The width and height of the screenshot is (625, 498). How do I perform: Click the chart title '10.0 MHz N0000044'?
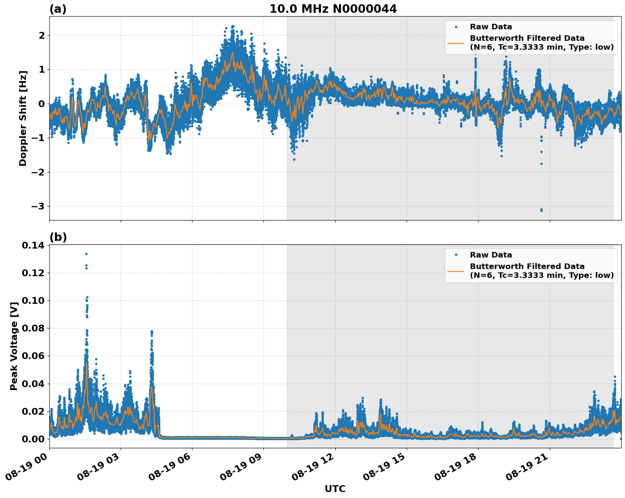(333, 9)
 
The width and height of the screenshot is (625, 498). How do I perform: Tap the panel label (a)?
(58, 9)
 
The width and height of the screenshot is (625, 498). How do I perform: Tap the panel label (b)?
(58, 237)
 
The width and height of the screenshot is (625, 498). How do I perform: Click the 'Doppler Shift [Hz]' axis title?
(23, 118)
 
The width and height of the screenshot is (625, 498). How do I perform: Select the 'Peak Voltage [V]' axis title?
(14, 346)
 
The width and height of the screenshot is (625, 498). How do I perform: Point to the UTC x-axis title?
(335, 489)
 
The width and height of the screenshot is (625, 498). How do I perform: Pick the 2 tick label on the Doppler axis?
(42, 35)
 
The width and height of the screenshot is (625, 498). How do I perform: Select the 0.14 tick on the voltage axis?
(33, 246)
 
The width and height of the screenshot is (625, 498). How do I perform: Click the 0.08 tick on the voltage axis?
(33, 328)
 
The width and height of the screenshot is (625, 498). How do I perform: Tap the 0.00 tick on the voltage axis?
(33, 439)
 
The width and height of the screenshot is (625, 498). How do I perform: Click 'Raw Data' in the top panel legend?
(491, 27)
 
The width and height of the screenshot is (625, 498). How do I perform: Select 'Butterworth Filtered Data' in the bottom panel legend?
(527, 266)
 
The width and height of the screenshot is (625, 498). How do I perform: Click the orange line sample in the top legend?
(455, 42)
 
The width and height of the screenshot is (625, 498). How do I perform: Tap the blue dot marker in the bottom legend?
(455, 255)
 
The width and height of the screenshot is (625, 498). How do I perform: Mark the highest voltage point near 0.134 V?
(86, 254)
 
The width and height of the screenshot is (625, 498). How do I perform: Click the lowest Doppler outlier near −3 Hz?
(541, 210)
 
